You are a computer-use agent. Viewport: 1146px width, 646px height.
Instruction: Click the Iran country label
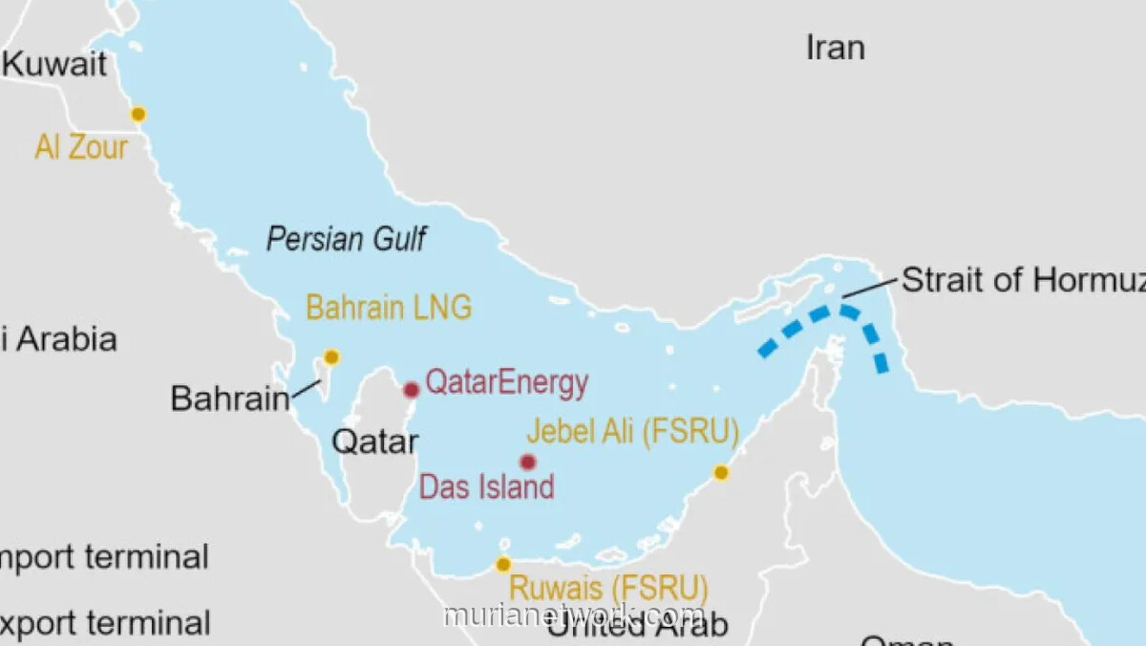point(836,47)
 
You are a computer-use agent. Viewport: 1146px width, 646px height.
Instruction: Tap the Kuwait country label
point(55,64)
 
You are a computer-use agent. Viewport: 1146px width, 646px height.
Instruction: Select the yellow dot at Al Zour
point(138,114)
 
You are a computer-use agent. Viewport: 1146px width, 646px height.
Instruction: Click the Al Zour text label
point(81,147)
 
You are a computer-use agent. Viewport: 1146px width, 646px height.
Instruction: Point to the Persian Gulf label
point(347,238)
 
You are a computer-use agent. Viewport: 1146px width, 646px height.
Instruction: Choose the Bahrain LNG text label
point(389,308)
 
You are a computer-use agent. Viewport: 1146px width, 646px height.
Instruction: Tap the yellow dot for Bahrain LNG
point(331,356)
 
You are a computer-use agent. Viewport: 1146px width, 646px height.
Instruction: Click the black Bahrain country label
point(229,398)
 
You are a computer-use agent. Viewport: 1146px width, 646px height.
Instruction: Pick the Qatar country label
point(374,441)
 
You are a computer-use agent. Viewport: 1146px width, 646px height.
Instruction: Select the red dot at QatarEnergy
point(411,389)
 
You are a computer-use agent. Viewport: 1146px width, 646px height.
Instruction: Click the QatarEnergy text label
point(506,383)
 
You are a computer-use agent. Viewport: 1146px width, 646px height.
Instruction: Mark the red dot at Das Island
point(527,462)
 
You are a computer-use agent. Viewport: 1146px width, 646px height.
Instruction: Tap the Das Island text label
point(487,486)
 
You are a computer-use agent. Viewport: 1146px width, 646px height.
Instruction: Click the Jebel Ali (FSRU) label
point(632,433)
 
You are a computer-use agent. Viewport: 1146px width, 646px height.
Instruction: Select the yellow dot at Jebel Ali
point(721,472)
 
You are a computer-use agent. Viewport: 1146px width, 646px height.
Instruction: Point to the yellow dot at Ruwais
point(503,564)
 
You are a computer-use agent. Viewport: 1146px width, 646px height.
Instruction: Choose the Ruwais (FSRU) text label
point(608,587)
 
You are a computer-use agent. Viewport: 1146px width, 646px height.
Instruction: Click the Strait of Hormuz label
point(1022,280)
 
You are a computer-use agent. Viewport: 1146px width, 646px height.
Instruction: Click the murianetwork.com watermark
point(574,614)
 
